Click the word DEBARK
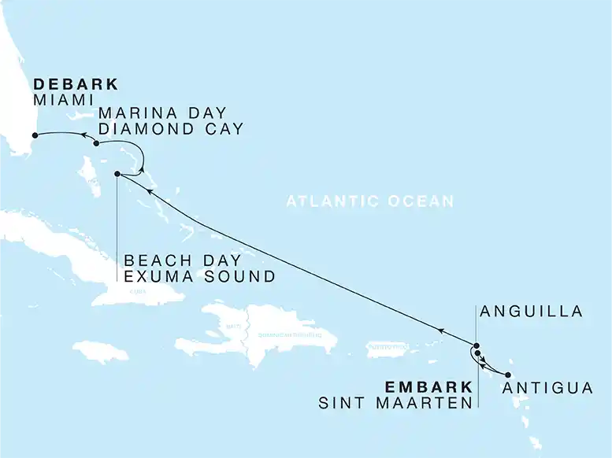point(76,83)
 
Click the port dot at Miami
point(34,135)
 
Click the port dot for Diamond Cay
point(96,144)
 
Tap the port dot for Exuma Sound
point(117,174)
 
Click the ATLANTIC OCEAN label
point(369,201)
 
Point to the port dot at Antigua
point(508,375)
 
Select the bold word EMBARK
point(428,387)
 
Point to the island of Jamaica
point(100,351)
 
